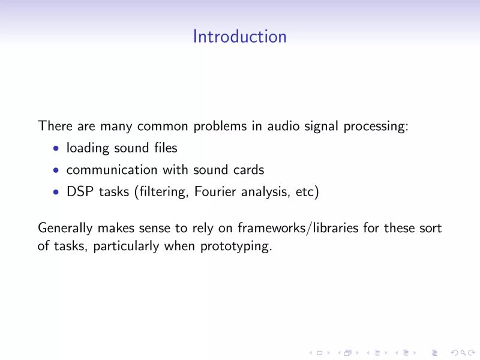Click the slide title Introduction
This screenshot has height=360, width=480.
[x=239, y=37]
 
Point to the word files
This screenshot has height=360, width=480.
[x=164, y=148]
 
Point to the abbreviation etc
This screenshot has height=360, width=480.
[x=308, y=192]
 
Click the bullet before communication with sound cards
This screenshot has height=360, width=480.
[x=56, y=170]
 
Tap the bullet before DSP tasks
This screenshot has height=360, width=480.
[x=56, y=192]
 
